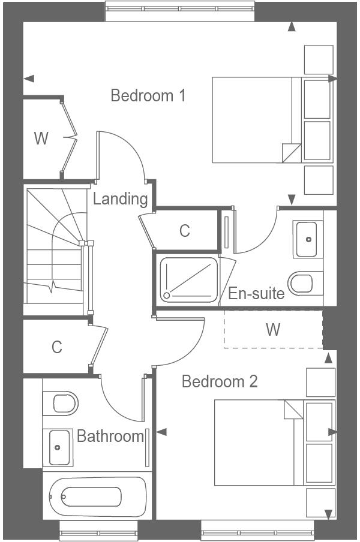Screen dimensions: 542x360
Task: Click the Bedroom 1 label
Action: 148,95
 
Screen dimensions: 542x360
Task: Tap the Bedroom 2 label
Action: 220,381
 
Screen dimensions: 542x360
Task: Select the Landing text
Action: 120,199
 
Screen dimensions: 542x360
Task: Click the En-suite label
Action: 256,294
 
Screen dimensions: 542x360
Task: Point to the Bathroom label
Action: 110,436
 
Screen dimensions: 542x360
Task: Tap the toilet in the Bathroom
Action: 62,403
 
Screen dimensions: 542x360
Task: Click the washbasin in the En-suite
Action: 308,239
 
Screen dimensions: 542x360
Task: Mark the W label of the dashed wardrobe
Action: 273,330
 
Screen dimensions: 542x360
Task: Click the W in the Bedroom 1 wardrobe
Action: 41,138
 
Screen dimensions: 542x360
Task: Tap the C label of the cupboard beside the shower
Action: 185,230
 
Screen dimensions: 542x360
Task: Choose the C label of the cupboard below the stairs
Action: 56,347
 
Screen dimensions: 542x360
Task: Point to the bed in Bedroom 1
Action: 255,120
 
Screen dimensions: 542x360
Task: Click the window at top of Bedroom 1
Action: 180,10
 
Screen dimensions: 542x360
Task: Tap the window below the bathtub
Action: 98,530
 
